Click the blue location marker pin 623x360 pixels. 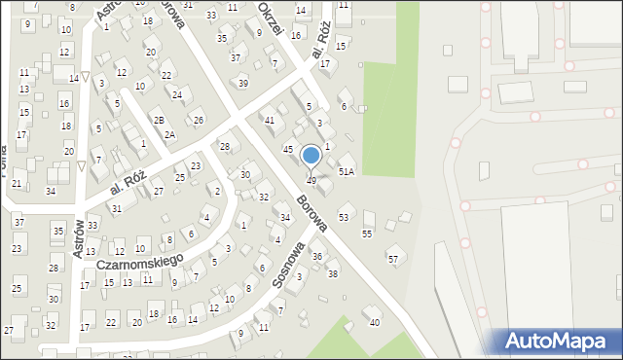tap(311, 156)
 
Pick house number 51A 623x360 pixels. tap(346, 171)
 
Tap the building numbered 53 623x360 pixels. tap(344, 216)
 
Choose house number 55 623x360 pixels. tap(367, 234)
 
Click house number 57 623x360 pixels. tap(393, 259)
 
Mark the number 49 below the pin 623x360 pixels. tap(311, 181)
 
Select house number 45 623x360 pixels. tap(288, 149)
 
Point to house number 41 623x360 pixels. tap(271, 120)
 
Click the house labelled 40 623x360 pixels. tap(375, 322)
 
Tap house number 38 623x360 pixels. tap(332, 273)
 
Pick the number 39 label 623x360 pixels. tap(243, 83)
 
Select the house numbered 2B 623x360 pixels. tap(158, 120)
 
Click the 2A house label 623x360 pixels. tap(169, 135)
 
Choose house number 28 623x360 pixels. tap(224, 147)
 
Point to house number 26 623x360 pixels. tap(198, 120)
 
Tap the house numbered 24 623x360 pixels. tap(177, 94)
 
